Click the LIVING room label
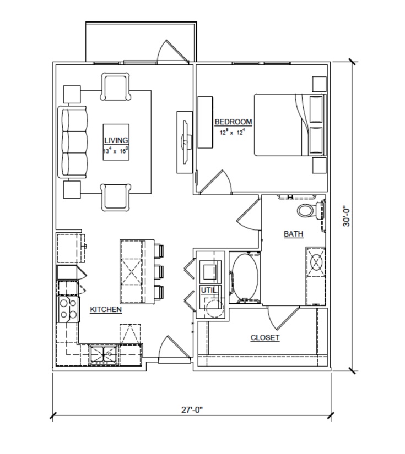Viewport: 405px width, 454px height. point(116,140)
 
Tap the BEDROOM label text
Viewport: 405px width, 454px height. point(233,122)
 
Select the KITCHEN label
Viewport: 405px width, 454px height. point(106,309)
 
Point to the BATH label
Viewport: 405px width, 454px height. point(293,234)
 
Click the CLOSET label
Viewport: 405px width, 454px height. point(265,337)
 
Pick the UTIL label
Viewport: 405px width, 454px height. point(208,290)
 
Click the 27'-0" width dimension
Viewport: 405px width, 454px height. point(192,410)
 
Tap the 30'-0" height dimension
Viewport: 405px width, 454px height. point(346,216)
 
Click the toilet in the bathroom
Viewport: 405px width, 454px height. point(310,210)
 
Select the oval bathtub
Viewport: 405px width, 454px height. point(245,277)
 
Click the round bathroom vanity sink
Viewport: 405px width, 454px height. point(316,262)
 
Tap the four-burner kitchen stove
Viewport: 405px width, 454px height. point(68,309)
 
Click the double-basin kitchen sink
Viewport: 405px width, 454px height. point(104,355)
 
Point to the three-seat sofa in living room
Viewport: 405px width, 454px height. point(73,142)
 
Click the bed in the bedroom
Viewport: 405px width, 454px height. point(290,124)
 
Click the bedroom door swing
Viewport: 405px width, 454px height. point(215,182)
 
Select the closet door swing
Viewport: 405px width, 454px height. point(283,318)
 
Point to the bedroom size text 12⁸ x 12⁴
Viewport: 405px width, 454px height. point(232,133)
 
